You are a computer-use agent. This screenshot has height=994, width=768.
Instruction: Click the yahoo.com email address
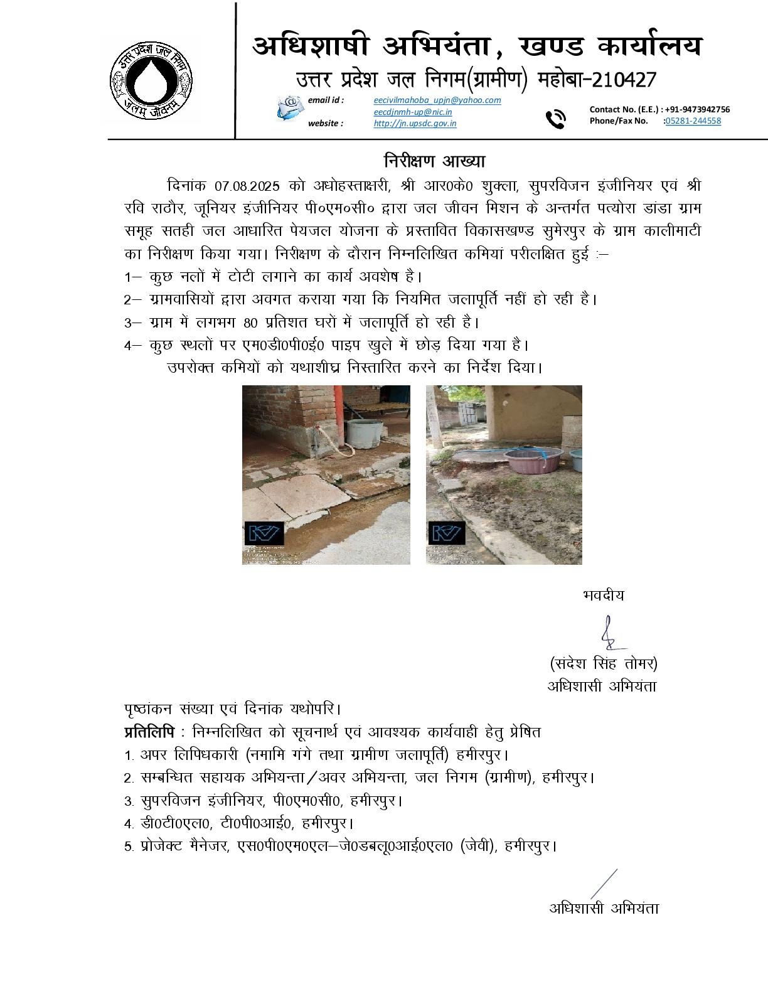tap(437, 100)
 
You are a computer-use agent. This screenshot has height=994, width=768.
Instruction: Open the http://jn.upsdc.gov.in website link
tap(415, 124)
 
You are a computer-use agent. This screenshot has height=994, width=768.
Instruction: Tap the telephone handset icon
tap(555, 118)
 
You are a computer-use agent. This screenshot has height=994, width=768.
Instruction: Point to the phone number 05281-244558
tap(693, 121)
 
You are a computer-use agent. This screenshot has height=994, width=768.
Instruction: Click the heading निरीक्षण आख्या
tap(435, 161)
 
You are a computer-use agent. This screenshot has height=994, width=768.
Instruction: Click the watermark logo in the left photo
tap(264, 533)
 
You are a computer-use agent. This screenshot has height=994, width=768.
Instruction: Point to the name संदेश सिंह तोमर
tap(604, 663)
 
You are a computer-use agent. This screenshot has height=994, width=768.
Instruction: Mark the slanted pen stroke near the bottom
tap(604, 884)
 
